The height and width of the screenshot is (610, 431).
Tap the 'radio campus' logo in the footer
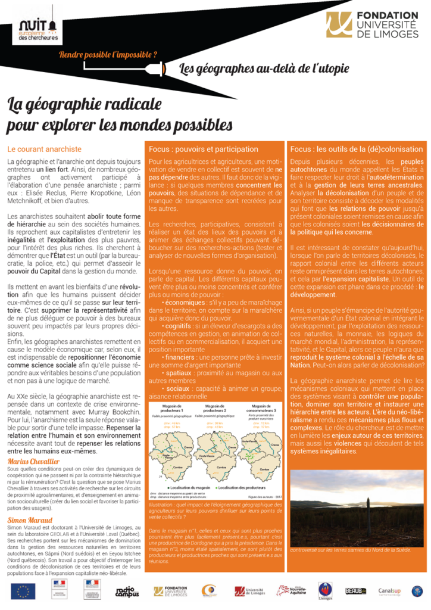(126, 591)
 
